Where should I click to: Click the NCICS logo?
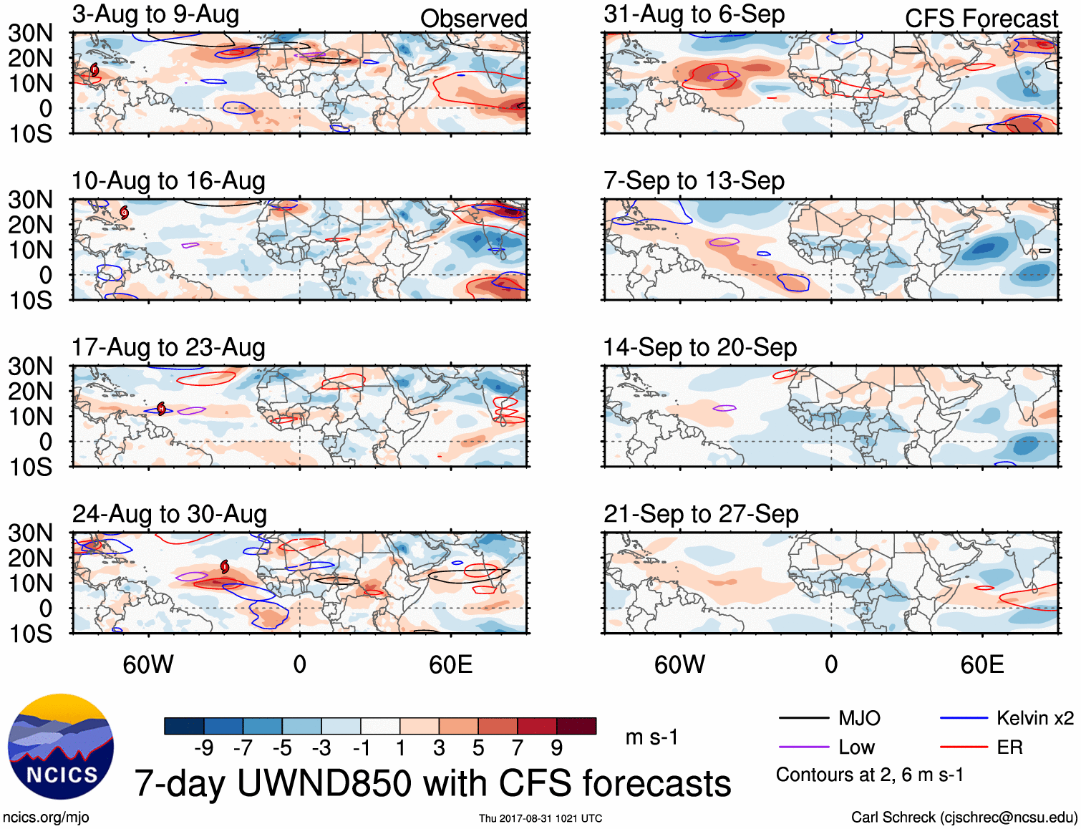coord(61,747)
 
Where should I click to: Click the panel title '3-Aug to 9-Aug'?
coord(155,14)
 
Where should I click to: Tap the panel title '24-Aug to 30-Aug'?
coord(169,514)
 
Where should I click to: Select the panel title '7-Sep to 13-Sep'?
coord(694,180)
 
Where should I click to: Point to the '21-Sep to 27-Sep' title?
coord(701,514)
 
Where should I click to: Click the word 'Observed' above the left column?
coord(473,19)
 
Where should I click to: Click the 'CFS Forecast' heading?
coord(981,19)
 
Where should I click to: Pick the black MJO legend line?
coord(803,718)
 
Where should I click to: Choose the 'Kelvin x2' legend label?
coord(1034,718)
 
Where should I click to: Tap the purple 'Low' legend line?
coord(803,747)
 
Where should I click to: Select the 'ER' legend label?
coord(1009,747)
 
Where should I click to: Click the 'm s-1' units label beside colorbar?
coord(651,737)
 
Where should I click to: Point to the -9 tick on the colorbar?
coord(204,748)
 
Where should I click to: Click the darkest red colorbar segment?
coord(576,726)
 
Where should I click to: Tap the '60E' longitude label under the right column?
coord(981,664)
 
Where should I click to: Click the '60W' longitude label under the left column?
coord(148,664)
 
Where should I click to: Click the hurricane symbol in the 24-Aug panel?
coord(225,567)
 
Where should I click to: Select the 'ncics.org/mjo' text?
coord(46,818)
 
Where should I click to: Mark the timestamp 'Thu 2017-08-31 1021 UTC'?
coord(540,818)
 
